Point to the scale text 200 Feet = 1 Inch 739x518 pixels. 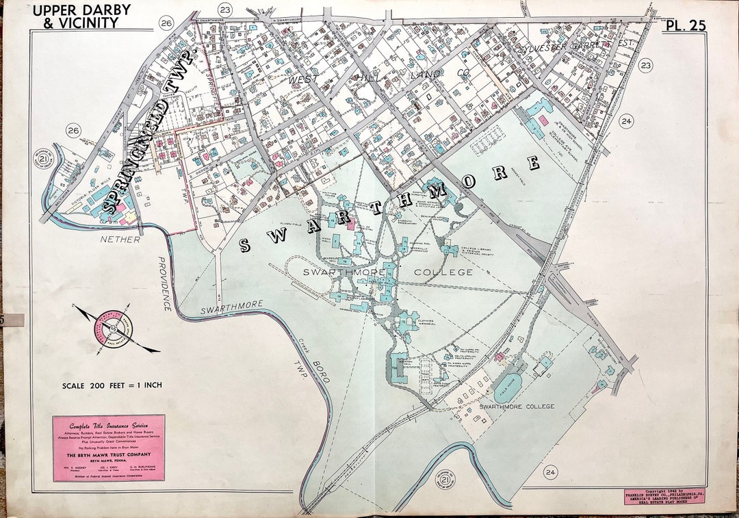[x=112, y=385]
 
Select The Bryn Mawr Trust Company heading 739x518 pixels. [x=109, y=454]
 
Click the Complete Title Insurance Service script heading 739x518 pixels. [x=109, y=426]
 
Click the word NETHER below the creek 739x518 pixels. [x=120, y=240]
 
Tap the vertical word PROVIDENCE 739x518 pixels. [x=164, y=284]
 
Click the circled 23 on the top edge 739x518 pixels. [x=224, y=9]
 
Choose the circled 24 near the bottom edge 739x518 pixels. [x=551, y=472]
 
